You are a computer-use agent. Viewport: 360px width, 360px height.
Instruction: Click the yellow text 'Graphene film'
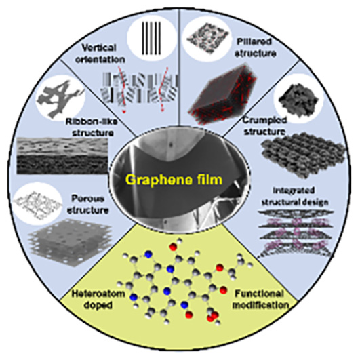tap(174, 180)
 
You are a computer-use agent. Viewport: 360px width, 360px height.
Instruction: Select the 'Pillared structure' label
tap(256, 47)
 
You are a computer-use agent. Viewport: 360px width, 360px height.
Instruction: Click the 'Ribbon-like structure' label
tap(91, 127)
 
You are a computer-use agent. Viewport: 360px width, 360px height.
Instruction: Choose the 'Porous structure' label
tap(87, 204)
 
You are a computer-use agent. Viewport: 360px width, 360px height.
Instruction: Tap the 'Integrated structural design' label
tap(296, 197)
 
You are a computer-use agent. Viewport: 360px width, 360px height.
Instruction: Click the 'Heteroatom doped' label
tap(98, 299)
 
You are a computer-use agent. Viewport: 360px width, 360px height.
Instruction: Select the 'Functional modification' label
tap(260, 299)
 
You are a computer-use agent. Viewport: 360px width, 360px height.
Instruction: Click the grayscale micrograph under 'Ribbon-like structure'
tap(62, 155)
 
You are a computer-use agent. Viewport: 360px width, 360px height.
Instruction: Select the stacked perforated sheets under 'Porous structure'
tap(70, 245)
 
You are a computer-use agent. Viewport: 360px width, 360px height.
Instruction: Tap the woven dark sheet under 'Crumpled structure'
tap(304, 155)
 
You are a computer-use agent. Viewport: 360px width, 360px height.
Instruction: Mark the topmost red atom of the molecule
tap(173, 247)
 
